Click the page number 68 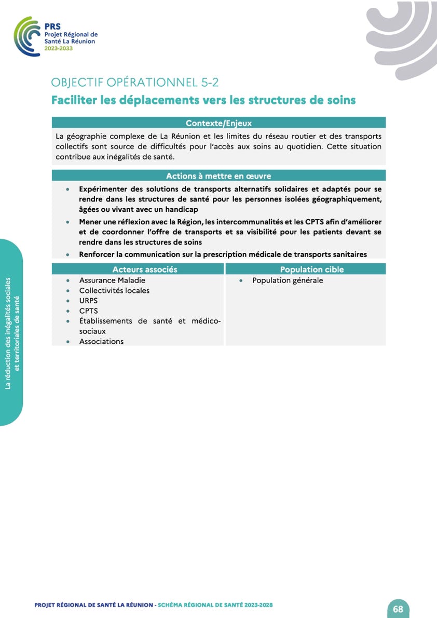pyautogui.click(x=398, y=609)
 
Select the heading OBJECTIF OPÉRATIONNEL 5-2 pyautogui.click(x=139, y=83)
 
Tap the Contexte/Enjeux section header pyautogui.click(x=218, y=123)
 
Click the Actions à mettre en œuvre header pyautogui.click(x=218, y=176)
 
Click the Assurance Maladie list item pyautogui.click(x=112, y=280)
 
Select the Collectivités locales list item pyautogui.click(x=114, y=290)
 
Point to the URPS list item pyautogui.click(x=88, y=301)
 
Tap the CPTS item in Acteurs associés pyautogui.click(x=88, y=311)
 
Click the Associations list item pyautogui.click(x=101, y=341)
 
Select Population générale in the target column pyautogui.click(x=288, y=280)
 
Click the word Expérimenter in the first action pyautogui.click(x=103, y=190)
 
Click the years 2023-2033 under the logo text pyautogui.click(x=59, y=48)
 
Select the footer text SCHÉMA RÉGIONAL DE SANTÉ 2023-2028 pyautogui.click(x=215, y=605)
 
